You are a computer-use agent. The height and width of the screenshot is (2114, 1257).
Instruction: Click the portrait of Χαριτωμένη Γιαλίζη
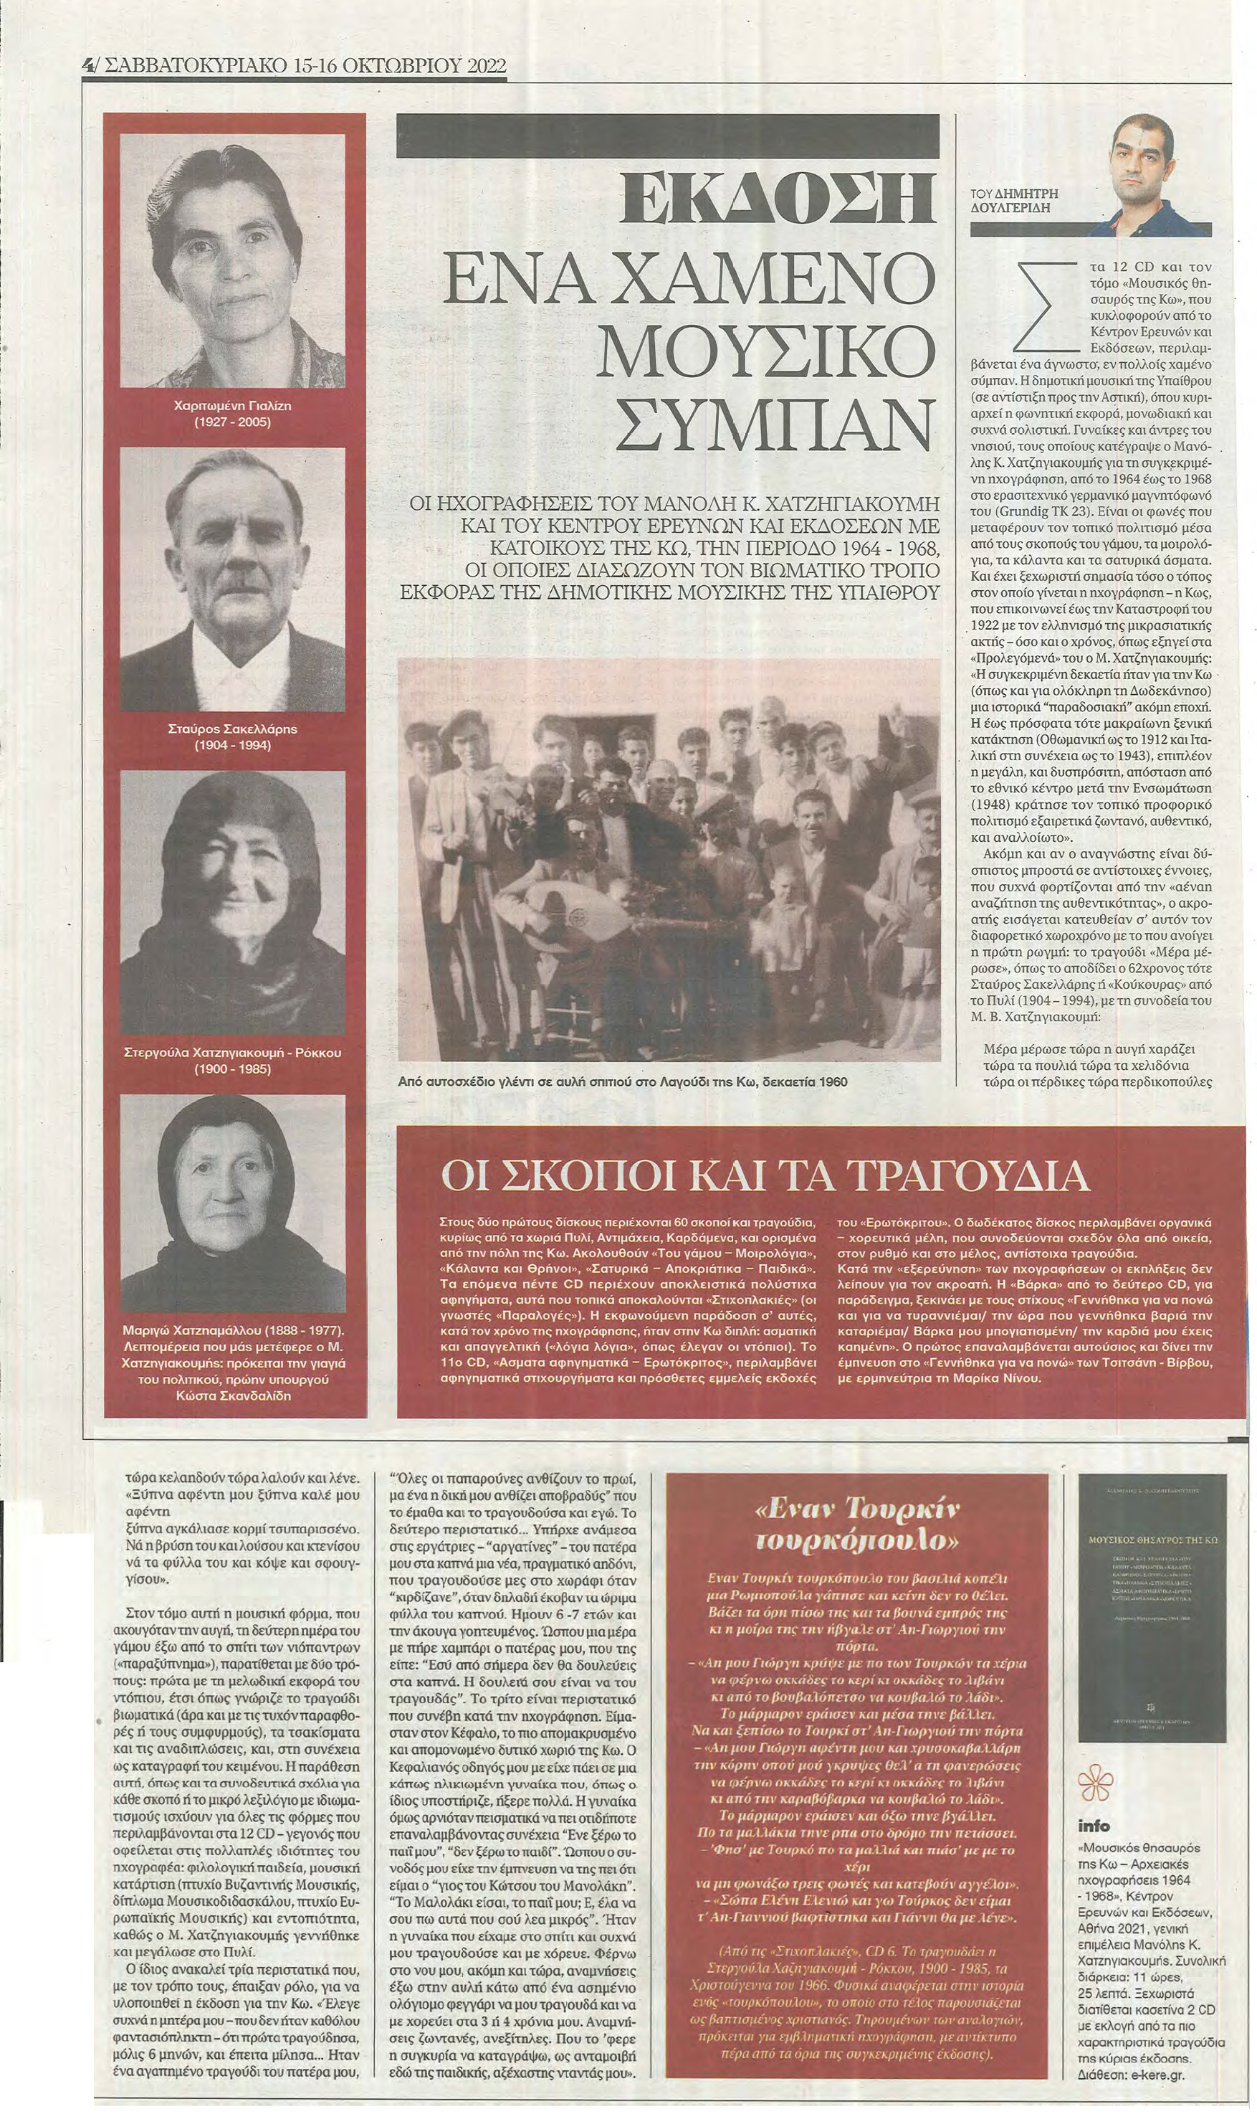(x=233, y=262)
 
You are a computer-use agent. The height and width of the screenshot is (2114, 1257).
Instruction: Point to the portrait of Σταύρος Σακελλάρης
(x=233, y=579)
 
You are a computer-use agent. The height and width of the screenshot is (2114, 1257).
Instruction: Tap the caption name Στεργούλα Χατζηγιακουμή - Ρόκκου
(x=233, y=1053)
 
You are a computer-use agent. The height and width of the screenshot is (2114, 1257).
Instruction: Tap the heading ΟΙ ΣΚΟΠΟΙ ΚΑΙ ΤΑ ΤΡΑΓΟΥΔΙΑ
(x=765, y=1175)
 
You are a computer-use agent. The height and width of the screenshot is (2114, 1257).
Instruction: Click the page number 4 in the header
(x=88, y=65)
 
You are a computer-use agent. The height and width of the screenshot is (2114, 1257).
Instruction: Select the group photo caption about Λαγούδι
(x=623, y=1082)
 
